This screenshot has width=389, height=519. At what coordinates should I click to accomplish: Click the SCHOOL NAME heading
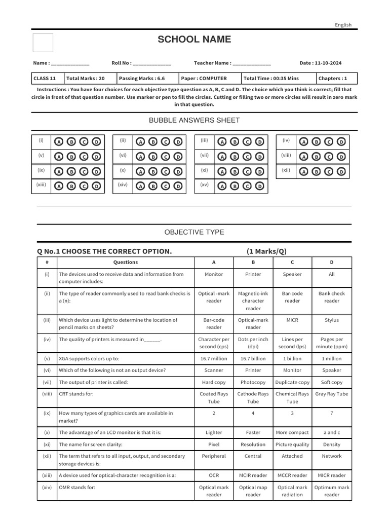pos(194,40)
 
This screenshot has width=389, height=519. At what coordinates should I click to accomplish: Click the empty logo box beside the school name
pos(43,43)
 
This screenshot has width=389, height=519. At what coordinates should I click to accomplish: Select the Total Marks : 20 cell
pos(85,79)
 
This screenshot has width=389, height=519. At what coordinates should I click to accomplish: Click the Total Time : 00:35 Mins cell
pos(271,79)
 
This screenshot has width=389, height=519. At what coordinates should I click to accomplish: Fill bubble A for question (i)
pos(59,142)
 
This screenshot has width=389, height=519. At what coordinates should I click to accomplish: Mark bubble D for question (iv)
pos(341,142)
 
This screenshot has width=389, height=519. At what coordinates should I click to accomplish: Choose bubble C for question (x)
pos(166,172)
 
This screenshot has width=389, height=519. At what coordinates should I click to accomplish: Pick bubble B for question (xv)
pos(235,187)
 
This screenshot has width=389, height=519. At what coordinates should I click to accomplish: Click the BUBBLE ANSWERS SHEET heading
pos(194,120)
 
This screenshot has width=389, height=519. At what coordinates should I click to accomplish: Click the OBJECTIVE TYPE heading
pos(194,232)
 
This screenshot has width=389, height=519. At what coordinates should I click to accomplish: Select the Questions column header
pos(125,263)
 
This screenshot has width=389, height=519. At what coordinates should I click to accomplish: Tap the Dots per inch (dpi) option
pos(253,343)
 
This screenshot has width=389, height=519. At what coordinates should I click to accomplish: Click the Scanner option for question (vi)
pos(214,370)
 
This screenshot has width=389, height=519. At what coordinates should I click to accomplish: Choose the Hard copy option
pos(214,382)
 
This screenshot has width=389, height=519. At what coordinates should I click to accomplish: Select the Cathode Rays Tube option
pos(253,398)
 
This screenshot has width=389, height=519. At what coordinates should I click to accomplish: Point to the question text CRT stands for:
pos(76,394)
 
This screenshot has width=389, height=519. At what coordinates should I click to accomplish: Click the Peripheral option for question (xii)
pos(214,456)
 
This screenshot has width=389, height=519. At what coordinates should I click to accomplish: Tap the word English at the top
pos(343,25)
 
